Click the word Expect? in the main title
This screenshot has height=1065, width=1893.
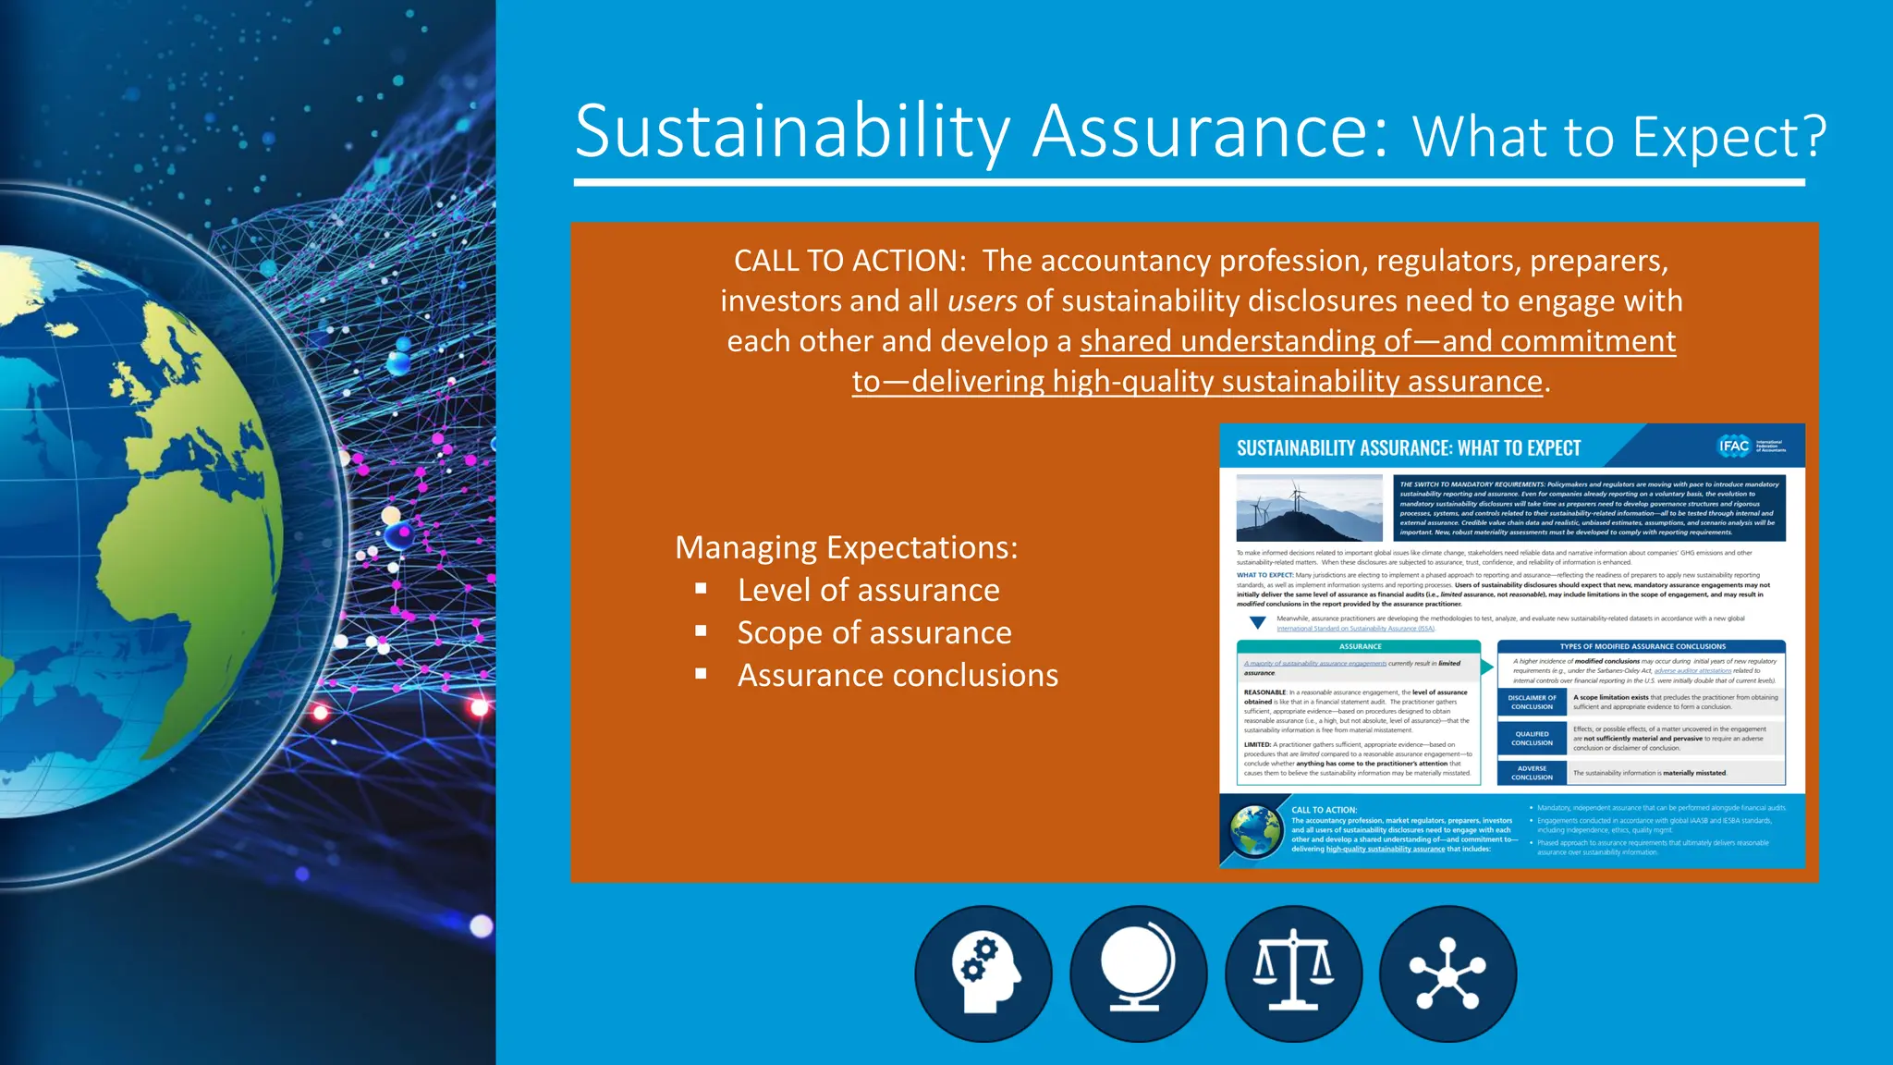[x=1729, y=138]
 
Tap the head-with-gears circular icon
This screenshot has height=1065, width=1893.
[x=983, y=973]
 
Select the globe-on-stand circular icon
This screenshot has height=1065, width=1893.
[x=1138, y=973]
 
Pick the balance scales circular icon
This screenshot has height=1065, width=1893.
[x=1293, y=973]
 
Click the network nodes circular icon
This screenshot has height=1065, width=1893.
[x=1447, y=973]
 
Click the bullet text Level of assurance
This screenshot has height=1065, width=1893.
[x=868, y=590]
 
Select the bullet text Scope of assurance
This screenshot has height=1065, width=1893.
[x=873, y=632]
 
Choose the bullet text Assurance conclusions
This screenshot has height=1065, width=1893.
[x=898, y=675]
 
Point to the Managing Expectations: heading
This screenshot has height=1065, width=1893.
[x=846, y=547]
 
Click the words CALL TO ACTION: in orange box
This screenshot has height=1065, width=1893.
[x=849, y=261]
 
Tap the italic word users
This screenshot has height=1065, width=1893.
[x=982, y=300]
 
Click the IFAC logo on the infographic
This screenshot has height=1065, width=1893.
[x=1734, y=447]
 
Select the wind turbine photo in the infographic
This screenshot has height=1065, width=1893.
[x=1309, y=508]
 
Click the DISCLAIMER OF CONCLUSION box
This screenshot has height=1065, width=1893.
[x=1532, y=703]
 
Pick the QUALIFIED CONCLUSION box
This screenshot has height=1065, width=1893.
[x=1532, y=739]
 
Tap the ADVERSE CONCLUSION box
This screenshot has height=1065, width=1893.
[x=1532, y=773]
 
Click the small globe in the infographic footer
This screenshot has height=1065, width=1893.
[x=1255, y=830]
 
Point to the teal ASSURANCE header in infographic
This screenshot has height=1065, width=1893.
[x=1360, y=646]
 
